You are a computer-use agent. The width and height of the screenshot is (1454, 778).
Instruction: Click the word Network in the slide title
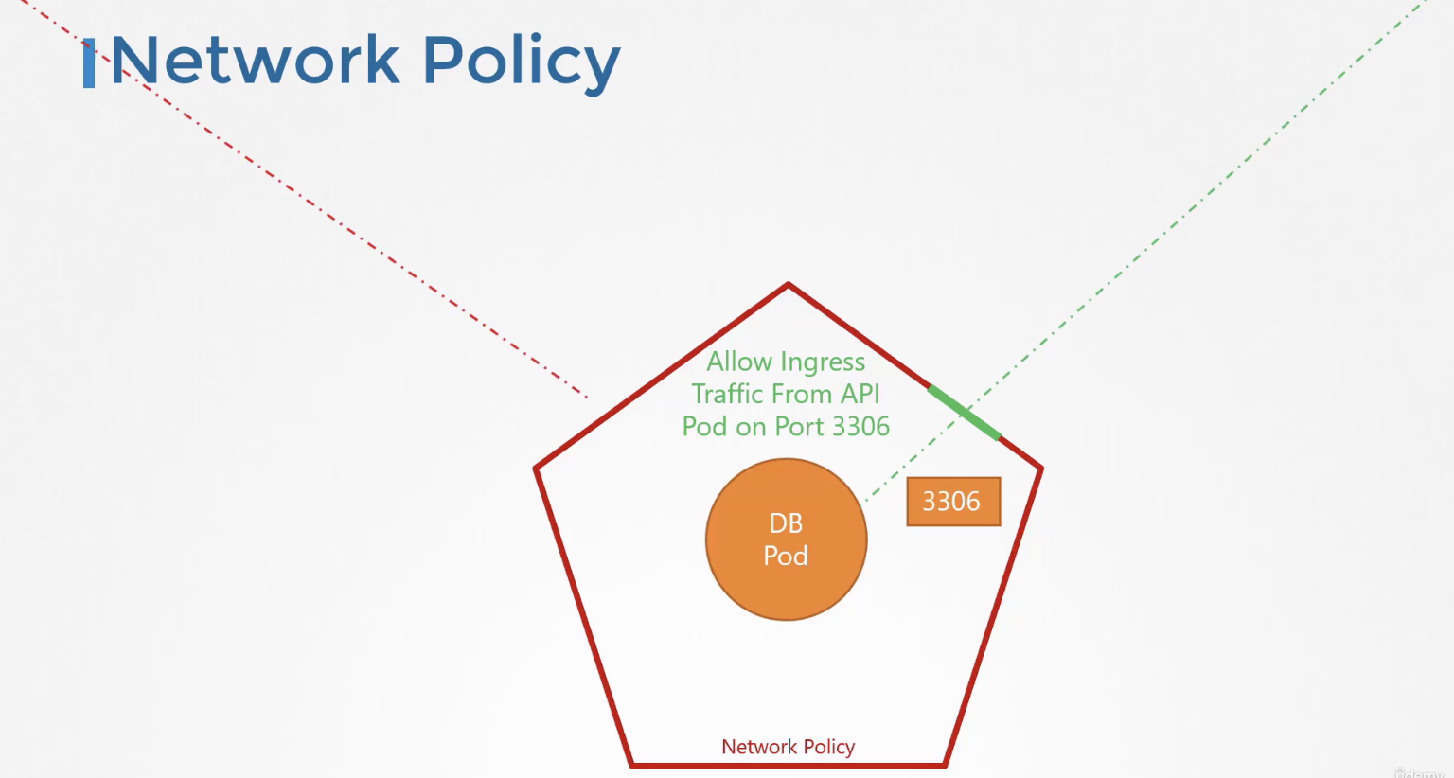click(255, 60)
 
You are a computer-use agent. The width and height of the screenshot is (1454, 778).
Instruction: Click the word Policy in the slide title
click(522, 63)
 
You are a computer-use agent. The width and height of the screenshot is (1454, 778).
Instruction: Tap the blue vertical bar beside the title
click(89, 63)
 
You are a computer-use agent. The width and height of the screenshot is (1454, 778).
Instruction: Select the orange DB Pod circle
click(786, 539)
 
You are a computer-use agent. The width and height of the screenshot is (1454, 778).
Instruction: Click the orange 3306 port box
click(953, 502)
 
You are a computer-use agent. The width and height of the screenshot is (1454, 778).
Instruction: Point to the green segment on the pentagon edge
click(964, 413)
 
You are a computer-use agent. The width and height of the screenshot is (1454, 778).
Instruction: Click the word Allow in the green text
click(740, 362)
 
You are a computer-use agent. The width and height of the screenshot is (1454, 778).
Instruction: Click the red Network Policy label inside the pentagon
click(788, 747)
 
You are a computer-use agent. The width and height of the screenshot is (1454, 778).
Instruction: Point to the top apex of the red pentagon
click(788, 284)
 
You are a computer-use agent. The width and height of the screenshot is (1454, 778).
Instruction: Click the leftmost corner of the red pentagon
click(536, 468)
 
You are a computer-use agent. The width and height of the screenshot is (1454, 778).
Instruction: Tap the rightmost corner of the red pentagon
click(1042, 468)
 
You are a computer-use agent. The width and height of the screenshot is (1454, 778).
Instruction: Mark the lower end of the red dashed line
click(587, 397)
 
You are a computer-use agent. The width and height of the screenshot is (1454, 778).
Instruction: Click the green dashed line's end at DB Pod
click(866, 500)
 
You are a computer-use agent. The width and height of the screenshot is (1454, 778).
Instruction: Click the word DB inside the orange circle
click(786, 523)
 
